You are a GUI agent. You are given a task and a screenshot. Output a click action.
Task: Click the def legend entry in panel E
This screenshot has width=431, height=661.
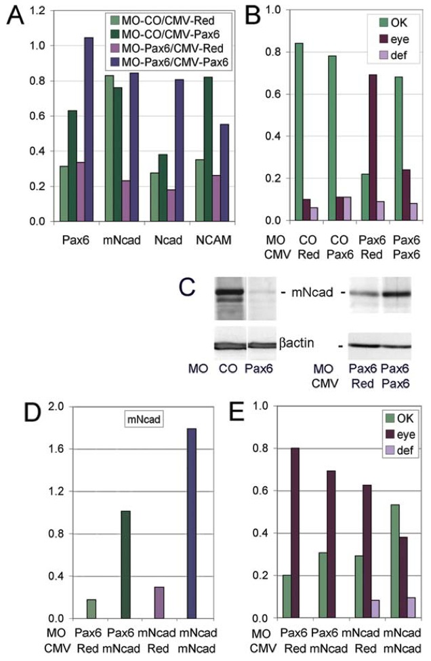[394, 449]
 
